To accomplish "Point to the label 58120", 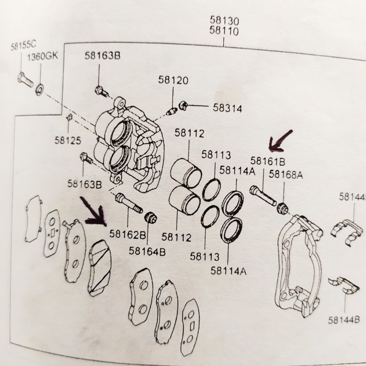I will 174,81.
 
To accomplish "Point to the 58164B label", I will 148,251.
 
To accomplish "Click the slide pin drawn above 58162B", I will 128,203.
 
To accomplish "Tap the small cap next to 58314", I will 183,106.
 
